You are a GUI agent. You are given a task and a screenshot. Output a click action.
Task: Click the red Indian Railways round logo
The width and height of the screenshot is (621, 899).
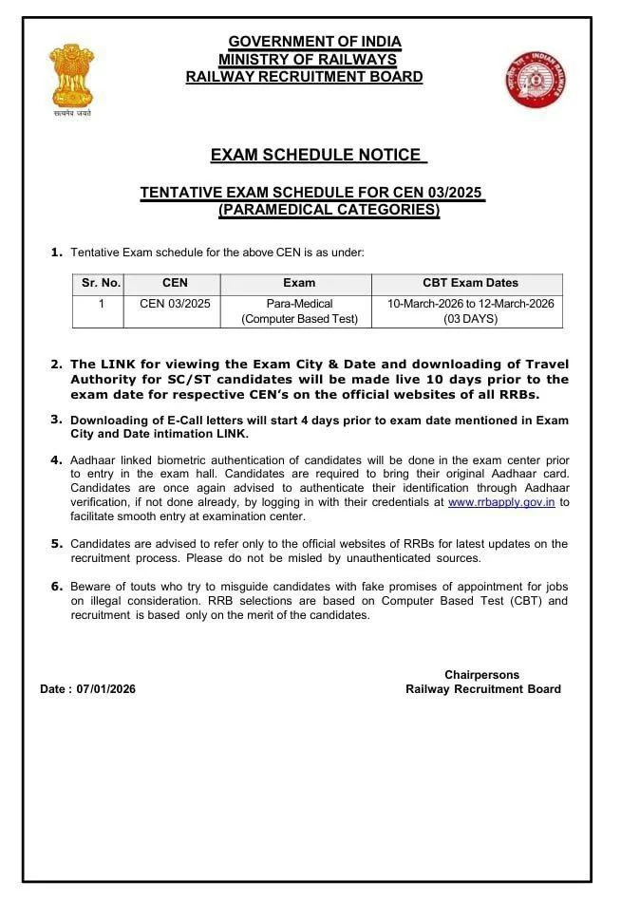tap(536, 80)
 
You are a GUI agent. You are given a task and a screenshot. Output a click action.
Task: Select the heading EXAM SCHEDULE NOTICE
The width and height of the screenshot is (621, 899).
tap(316, 155)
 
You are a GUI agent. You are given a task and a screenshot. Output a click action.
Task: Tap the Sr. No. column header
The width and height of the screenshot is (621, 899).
tap(101, 283)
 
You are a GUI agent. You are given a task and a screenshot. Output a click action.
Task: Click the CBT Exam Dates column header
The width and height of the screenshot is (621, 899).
tap(469, 283)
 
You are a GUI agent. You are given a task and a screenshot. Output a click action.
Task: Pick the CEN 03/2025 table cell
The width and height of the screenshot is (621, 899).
tap(175, 304)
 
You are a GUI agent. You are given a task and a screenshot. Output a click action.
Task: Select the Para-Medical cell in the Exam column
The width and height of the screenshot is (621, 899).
tap(299, 304)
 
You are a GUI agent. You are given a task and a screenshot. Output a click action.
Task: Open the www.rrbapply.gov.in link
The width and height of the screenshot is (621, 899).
tap(500, 502)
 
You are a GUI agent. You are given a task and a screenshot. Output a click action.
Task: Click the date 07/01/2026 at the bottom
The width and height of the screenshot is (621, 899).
tap(105, 689)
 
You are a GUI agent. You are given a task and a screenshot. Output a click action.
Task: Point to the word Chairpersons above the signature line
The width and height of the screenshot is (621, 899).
tap(481, 675)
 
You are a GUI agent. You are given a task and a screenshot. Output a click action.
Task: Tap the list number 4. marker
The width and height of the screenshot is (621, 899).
tap(56, 459)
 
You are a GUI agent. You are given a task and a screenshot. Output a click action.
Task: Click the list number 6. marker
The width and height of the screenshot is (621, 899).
tap(56, 587)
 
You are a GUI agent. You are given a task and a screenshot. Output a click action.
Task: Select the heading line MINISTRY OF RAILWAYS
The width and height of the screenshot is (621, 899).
tap(307, 60)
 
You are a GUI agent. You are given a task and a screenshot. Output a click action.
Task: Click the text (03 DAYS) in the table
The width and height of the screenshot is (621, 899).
tap(470, 319)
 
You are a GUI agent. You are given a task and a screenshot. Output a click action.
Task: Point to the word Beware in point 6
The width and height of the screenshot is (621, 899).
tap(90, 587)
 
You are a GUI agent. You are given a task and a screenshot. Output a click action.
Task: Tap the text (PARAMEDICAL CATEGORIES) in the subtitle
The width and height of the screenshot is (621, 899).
tap(329, 210)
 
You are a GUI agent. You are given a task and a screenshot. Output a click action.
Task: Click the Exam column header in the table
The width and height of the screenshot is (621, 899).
tap(299, 283)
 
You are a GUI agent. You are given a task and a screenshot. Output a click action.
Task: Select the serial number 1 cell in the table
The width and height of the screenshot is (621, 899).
tap(101, 304)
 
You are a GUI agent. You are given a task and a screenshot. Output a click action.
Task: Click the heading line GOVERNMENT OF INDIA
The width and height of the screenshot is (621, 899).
tap(314, 42)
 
